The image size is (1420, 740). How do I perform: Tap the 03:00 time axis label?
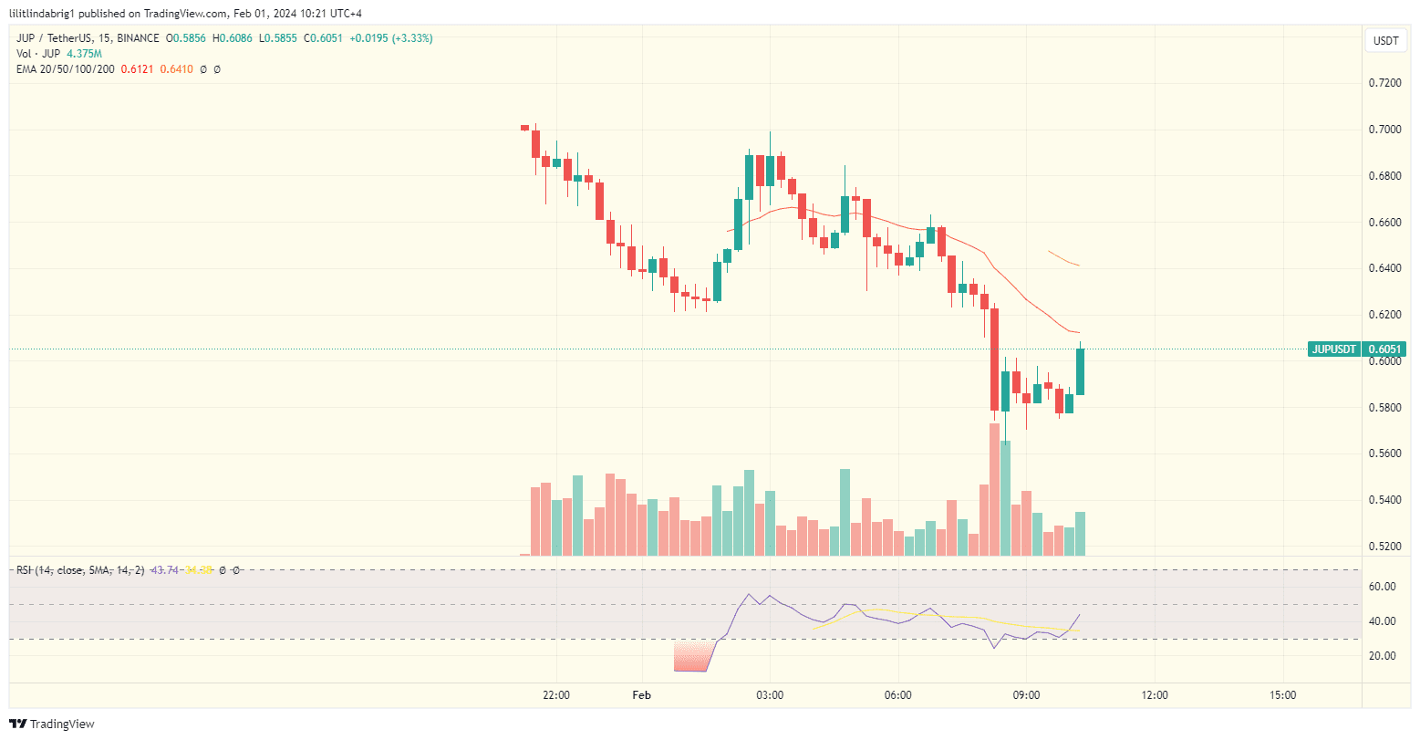point(770,695)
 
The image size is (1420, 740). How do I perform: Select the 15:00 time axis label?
point(1282,695)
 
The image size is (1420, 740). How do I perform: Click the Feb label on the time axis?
point(641,695)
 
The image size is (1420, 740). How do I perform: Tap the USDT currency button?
point(1386,41)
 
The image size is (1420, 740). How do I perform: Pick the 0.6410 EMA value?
point(179,69)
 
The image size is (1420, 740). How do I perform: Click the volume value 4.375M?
point(85,54)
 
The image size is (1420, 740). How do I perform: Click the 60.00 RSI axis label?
point(1383,587)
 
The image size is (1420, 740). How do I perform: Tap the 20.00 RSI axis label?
point(1383,656)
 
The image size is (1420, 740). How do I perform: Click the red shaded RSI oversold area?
point(690,657)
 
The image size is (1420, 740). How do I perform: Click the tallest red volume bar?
point(994,489)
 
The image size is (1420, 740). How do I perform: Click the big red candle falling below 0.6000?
point(994,360)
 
